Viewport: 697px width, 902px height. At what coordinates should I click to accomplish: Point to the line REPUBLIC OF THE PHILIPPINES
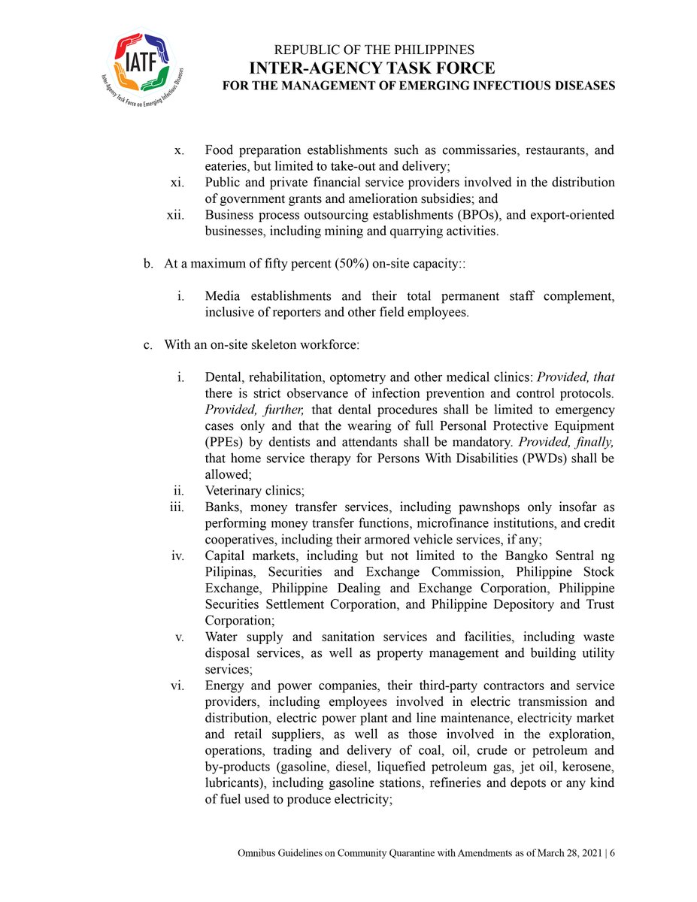pyautogui.click(x=374, y=50)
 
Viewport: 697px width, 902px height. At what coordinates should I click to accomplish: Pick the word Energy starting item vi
pyautogui.click(x=224, y=686)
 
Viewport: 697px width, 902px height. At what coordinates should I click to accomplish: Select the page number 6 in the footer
pyautogui.click(x=612, y=854)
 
